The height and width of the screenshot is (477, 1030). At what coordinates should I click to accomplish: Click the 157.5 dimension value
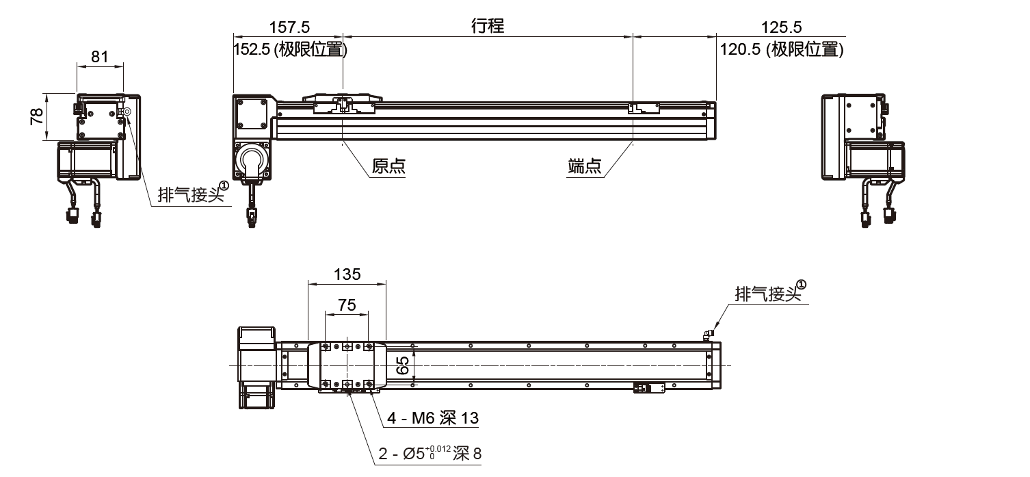pos(290,27)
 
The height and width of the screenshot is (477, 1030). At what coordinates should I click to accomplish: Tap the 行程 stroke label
pos(488,26)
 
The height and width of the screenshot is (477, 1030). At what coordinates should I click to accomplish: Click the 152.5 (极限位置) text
pos(290,49)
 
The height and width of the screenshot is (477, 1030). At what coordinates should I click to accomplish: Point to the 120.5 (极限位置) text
pos(780,49)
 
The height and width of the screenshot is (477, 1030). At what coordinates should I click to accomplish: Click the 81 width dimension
pos(100,57)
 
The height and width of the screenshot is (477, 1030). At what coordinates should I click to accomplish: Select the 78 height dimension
pos(37,116)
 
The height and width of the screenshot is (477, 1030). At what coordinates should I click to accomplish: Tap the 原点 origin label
pos(388,166)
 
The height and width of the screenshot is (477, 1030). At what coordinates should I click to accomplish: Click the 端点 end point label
pos(585,166)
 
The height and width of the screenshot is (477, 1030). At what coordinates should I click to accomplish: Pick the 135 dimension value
pos(347,274)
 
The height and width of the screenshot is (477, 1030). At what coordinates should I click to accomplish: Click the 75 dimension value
pos(347,305)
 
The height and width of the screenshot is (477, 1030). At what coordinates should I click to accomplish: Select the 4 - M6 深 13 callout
pos(433,417)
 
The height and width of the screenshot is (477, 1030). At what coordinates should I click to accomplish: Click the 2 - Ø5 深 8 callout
pos(430,453)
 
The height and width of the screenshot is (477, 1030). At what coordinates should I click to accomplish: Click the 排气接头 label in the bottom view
pos(767,294)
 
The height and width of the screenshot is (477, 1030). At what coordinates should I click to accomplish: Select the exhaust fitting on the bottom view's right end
pos(707,334)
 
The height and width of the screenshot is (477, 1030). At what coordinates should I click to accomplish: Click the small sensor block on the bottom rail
pos(648,388)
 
